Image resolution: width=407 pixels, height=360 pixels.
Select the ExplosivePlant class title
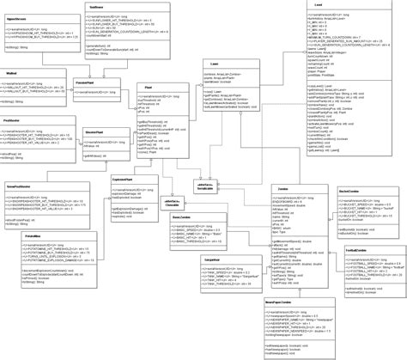coord(120,179)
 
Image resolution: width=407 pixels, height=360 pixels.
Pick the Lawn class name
coord(214,64)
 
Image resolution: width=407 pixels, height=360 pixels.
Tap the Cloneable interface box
coord(173,202)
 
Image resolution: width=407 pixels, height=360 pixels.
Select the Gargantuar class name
coord(190,258)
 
